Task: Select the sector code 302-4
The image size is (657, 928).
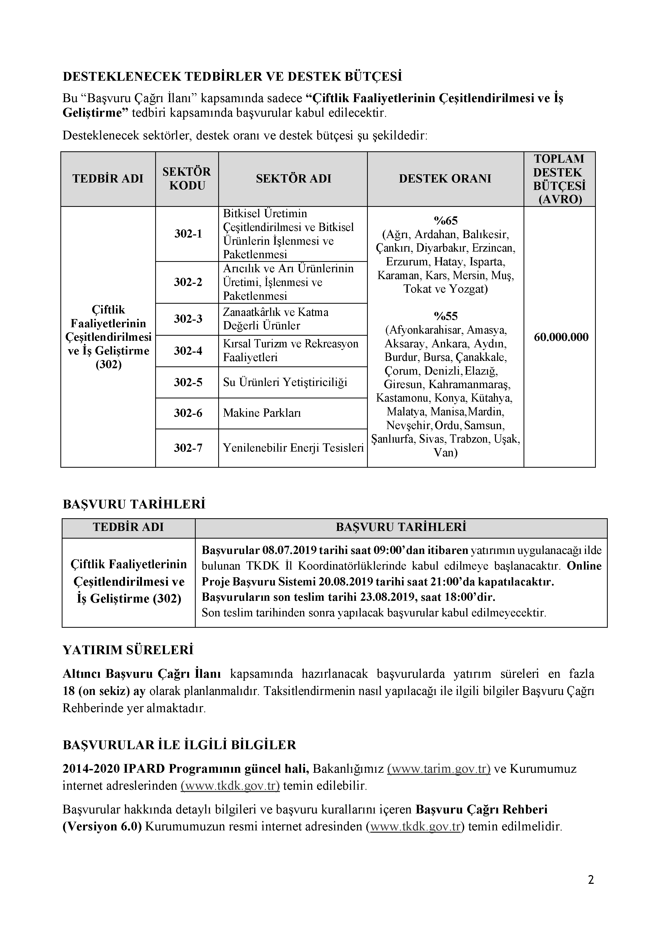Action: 188,351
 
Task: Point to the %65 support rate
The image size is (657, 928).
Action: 445,221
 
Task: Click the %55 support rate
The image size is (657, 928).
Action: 445,316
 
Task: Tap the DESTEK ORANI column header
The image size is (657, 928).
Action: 445,179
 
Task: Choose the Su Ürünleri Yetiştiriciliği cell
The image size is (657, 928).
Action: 285,382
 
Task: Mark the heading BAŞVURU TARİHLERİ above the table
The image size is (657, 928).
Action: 134,504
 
